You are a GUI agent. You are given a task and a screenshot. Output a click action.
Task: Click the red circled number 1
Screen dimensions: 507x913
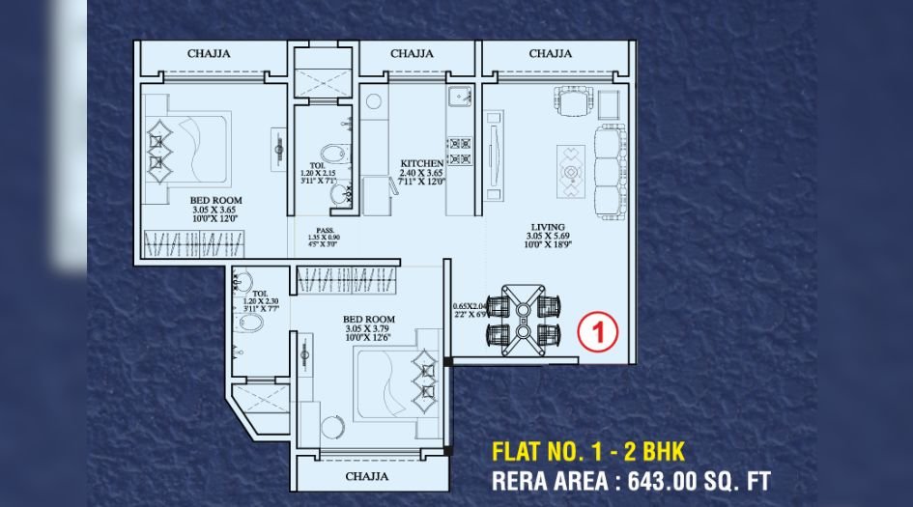tap(597, 334)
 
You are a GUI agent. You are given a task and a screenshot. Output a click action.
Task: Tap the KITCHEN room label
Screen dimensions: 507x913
tap(422, 164)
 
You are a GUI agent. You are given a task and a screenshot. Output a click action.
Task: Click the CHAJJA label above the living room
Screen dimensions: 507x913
tap(550, 54)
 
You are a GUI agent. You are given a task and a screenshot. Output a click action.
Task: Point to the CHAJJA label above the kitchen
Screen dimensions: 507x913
tap(412, 54)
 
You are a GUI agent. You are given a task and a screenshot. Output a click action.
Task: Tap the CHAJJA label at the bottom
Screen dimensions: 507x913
tap(367, 477)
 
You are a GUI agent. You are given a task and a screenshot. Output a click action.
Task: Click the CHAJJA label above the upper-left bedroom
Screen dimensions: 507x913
tap(209, 54)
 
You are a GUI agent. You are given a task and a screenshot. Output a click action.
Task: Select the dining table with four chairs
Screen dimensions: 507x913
tap(523, 319)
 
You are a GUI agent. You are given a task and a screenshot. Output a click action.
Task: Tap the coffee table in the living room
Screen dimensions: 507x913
tap(570, 174)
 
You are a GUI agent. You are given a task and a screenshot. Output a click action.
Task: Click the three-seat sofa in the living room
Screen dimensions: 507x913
tap(610, 169)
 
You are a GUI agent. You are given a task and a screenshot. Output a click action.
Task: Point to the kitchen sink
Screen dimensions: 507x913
tap(458, 97)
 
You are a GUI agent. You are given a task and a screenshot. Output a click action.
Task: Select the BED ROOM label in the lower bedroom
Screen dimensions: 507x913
tap(368, 318)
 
